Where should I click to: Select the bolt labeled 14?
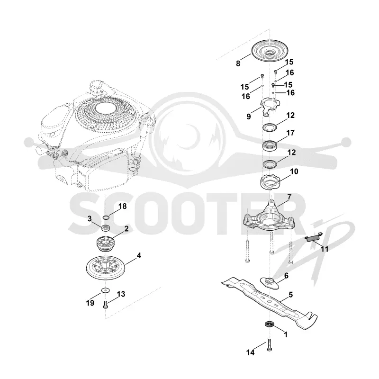tap(270, 345)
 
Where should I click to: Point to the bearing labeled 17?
tap(270, 146)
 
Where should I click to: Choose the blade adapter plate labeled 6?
tap(269, 283)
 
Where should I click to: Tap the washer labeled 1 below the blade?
tap(269, 324)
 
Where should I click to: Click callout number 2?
tap(126, 229)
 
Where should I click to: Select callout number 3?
tap(90, 219)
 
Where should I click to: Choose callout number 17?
tap(290, 133)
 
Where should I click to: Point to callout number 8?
tap(238, 63)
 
